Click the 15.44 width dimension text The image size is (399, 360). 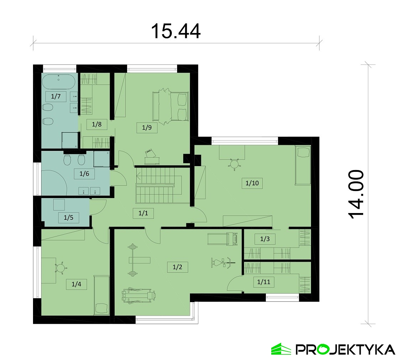176,31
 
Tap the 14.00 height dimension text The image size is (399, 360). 356,194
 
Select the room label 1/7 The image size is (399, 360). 56,96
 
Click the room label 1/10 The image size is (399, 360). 252,183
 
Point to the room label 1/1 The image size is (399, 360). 143,213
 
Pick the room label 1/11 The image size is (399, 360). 264,282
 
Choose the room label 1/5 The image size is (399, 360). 69,218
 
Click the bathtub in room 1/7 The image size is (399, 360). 59,81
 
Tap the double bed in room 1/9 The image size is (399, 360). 170,107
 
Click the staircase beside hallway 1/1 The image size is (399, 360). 159,185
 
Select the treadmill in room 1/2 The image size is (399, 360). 223,239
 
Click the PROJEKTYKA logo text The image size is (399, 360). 345,350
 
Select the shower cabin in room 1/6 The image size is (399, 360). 102,159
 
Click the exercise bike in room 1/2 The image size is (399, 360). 223,263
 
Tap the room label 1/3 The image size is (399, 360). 265,239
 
